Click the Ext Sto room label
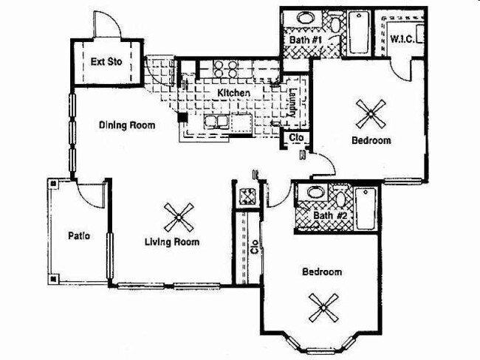pos(106,63)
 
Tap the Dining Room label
pos(127,125)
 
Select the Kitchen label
pos(232,93)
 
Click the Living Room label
pos(172,242)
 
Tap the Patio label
pos(79,236)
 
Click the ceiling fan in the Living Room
pos(179,218)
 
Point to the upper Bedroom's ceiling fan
pos(369,113)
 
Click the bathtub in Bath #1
pos(360,32)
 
